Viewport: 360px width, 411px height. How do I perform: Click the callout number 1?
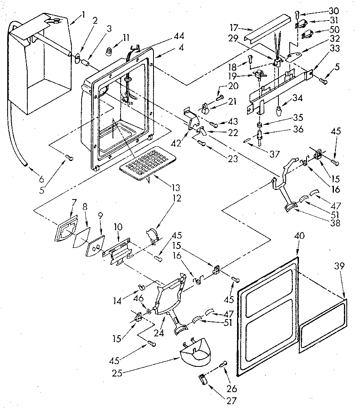click(x=83, y=15)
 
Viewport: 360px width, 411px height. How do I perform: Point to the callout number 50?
click(x=334, y=30)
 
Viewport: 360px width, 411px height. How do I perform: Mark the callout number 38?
click(x=334, y=223)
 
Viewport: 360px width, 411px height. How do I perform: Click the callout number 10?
click(x=118, y=227)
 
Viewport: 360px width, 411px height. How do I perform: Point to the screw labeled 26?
click(x=223, y=366)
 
